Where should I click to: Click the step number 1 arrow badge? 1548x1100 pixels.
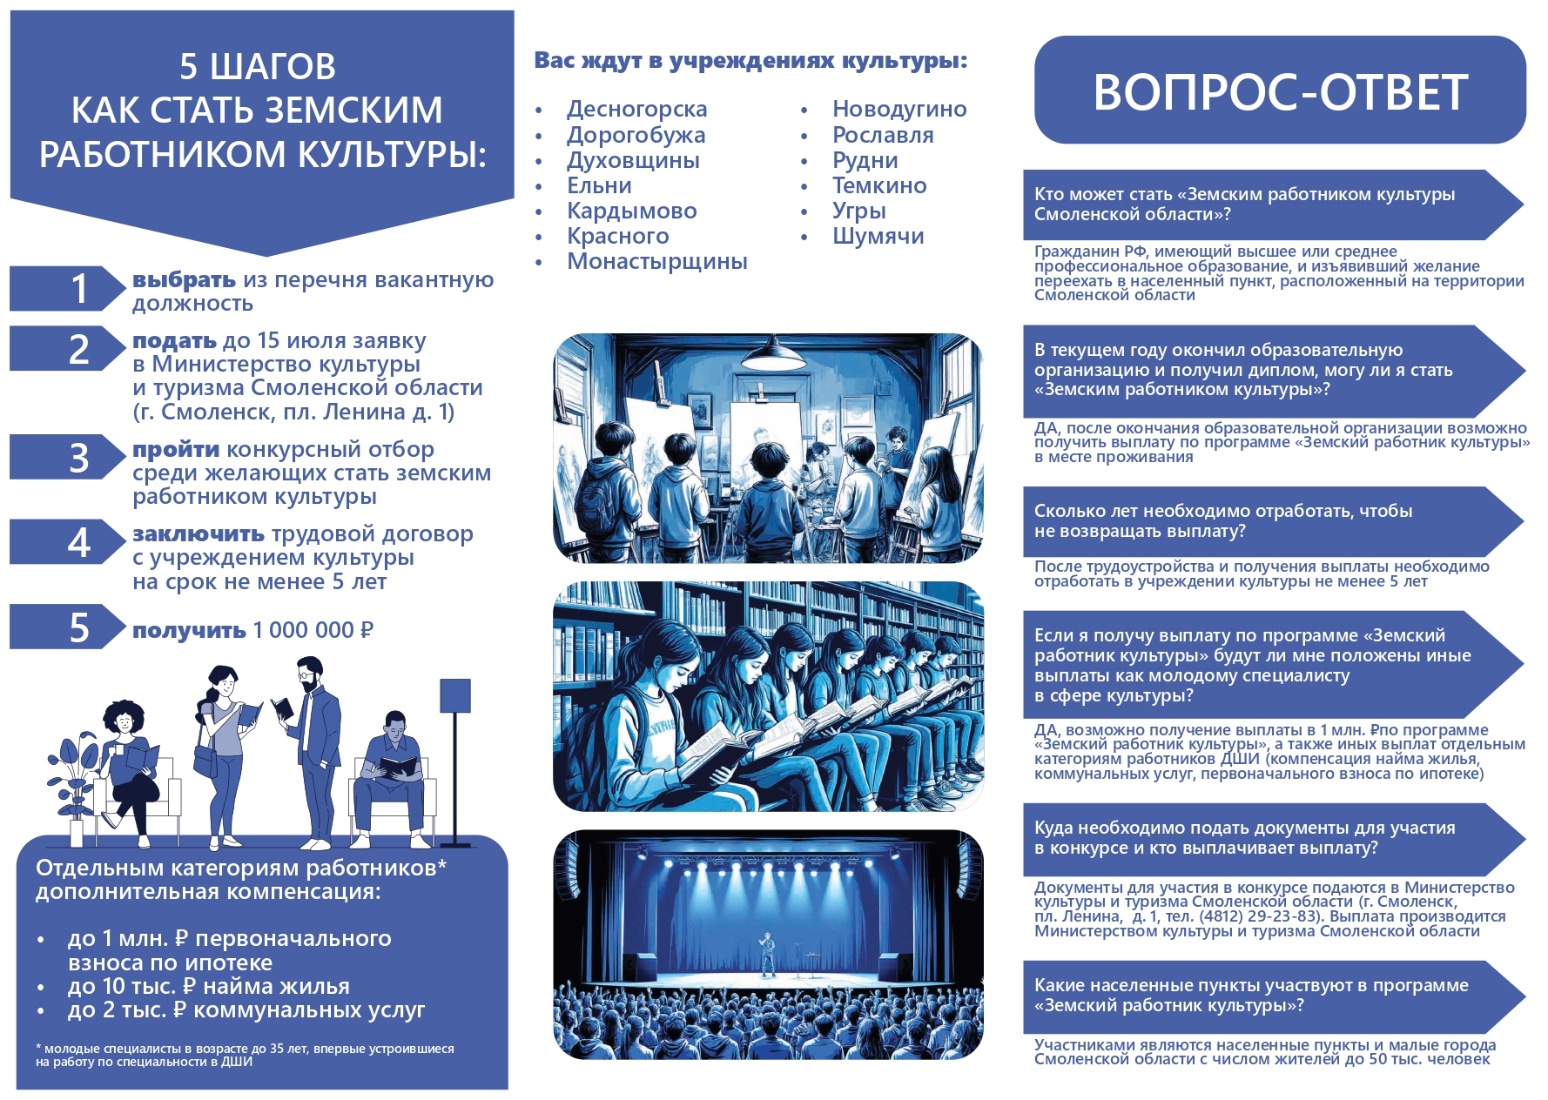[x=68, y=288]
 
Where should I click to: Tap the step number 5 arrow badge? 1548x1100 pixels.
[x=68, y=627]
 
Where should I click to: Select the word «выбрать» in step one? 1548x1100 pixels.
[x=184, y=280]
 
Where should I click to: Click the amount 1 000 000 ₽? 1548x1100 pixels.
[x=313, y=630]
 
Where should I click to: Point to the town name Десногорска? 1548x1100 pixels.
[x=636, y=109]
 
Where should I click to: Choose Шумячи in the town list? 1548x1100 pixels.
[x=878, y=236]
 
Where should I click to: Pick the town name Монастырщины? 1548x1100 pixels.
[x=657, y=261]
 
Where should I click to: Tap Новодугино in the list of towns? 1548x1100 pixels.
[x=899, y=109]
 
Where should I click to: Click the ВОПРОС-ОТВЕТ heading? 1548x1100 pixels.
[x=1281, y=91]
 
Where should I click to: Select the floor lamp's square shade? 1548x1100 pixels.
[x=455, y=696]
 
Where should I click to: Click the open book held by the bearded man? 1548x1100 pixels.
[x=282, y=708]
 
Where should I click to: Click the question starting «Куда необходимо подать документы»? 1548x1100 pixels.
[x=1245, y=837]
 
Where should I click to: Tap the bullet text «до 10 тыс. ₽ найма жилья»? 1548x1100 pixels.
[x=209, y=986]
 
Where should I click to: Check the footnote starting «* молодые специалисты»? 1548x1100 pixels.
[x=245, y=1055]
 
